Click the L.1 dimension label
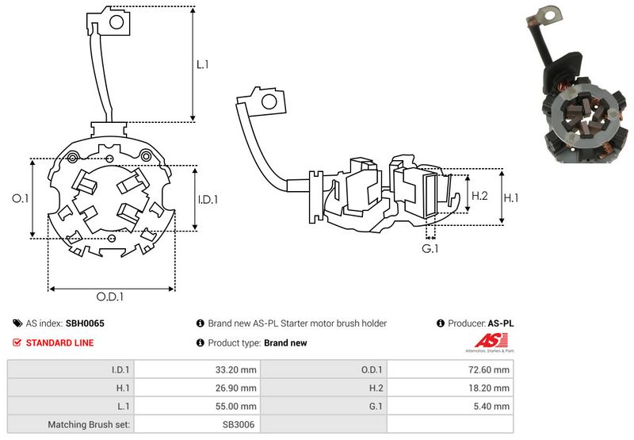[202, 65]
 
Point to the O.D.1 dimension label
[111, 297]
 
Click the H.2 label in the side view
[479, 196]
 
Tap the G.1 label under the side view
[430, 250]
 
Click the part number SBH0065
[85, 323]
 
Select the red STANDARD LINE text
[59, 342]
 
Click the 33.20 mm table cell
[238, 369]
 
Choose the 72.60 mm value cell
[491, 369]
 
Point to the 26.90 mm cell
[238, 388]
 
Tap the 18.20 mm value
[491, 388]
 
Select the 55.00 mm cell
[238, 406]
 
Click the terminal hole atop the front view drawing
[116, 23]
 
